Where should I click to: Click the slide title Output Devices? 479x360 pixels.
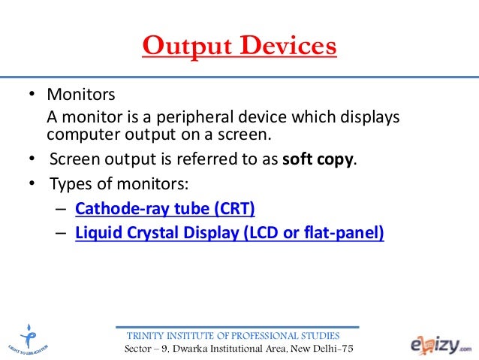[x=239, y=46]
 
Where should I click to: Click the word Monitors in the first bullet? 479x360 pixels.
[x=81, y=96]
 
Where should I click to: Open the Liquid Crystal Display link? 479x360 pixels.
[x=230, y=233]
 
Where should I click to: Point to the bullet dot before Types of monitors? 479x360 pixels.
[x=32, y=184]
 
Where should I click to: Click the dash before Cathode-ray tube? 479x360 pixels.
[x=60, y=209]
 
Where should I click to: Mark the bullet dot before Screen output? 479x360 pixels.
[x=32, y=160]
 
